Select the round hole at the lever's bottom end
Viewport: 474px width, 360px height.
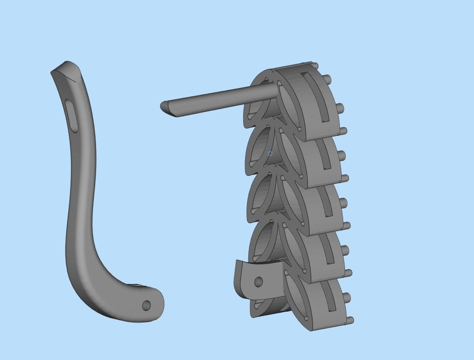(x=146, y=305)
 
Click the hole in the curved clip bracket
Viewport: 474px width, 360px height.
(x=259, y=282)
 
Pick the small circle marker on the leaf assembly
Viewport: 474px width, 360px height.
(x=270, y=154)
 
